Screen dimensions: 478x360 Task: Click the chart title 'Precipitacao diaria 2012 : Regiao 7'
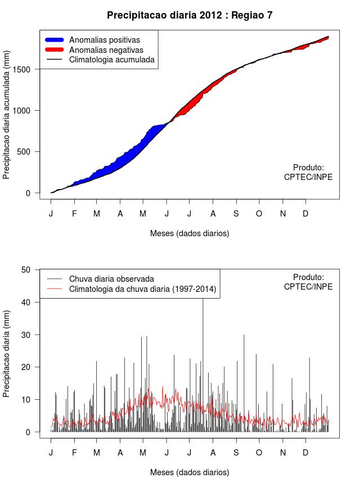coord(190,15)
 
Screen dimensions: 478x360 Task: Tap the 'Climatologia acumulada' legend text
coord(111,59)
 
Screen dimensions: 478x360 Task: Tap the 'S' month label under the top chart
coord(236,214)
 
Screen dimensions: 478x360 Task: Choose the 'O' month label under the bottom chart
coord(259,453)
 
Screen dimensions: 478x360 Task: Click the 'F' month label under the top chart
coord(74,214)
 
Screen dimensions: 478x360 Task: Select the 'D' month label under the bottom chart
coord(305,453)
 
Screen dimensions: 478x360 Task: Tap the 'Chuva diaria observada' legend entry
coord(111,278)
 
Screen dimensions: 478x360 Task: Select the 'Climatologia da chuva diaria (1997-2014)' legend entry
coord(142,289)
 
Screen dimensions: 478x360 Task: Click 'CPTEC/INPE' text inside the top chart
coord(308,177)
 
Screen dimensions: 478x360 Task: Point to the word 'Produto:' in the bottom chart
coord(309,277)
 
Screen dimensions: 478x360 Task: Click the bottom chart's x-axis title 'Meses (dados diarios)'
coord(190,472)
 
